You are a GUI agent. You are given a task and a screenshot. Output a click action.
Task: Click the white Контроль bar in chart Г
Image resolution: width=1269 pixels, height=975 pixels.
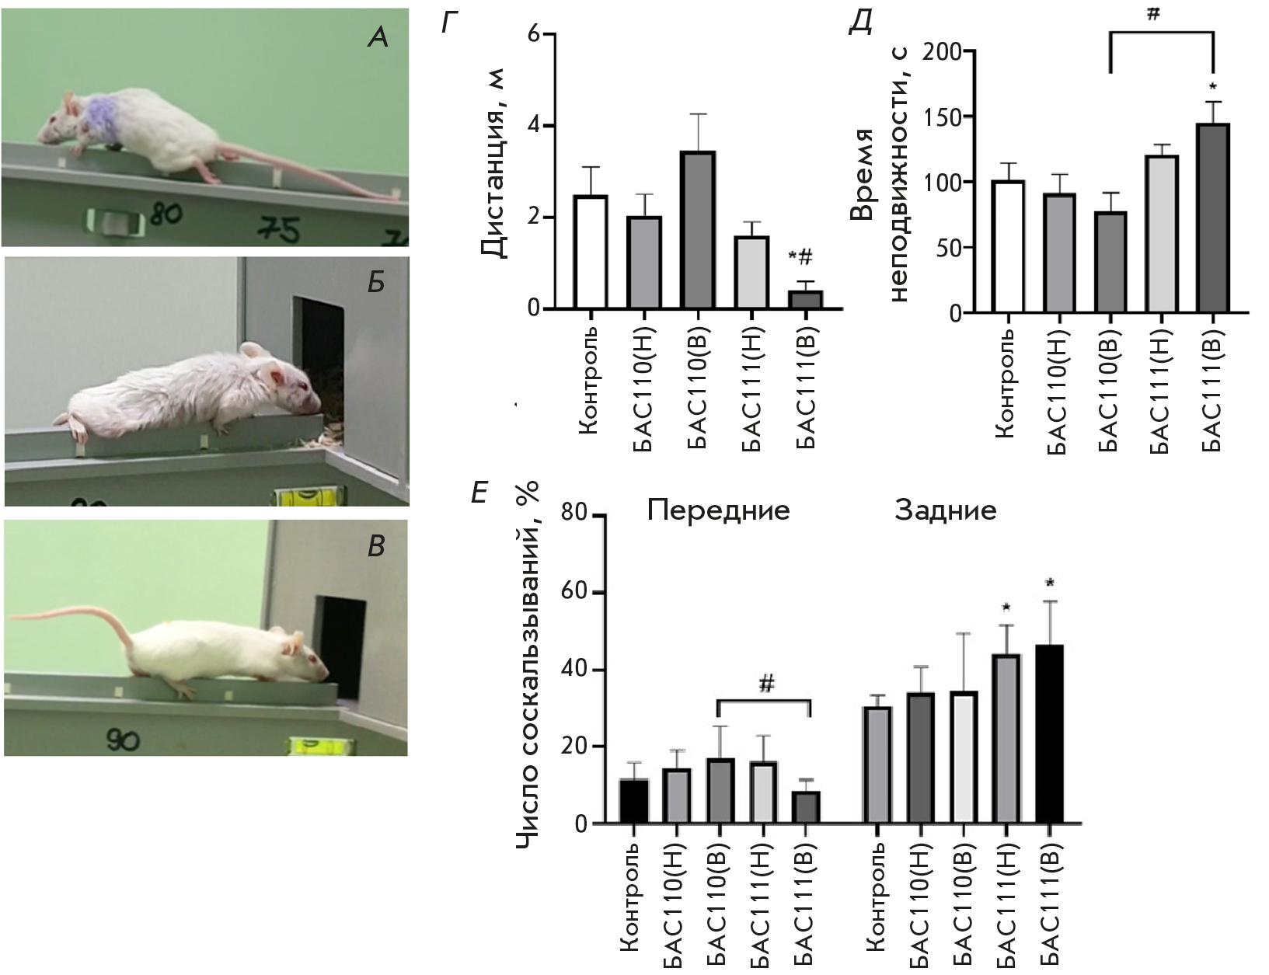pos(591,252)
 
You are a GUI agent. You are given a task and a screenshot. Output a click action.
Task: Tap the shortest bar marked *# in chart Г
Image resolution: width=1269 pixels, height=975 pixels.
pos(805,300)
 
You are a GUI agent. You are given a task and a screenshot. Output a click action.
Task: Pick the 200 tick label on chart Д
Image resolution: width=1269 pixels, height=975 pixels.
pos(943,52)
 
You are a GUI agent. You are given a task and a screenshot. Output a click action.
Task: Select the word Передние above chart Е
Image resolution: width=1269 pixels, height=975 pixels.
pos(718,510)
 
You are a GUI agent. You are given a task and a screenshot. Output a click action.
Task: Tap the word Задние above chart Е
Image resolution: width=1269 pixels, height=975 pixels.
pos(945,510)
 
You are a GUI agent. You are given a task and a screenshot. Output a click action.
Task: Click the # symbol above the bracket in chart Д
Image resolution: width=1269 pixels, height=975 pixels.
pos(1152,13)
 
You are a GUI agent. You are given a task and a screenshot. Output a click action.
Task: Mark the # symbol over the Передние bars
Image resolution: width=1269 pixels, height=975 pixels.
pos(766,684)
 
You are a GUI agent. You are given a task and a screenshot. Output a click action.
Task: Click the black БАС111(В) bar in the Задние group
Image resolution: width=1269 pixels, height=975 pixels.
pos(1049,733)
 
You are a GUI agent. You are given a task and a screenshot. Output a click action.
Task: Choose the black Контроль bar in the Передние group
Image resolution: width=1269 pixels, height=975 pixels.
pos(634,801)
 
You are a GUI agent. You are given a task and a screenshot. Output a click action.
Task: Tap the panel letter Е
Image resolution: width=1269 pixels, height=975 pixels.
pos(480,493)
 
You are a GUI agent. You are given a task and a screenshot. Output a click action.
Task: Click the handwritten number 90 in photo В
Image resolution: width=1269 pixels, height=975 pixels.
pos(123,740)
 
